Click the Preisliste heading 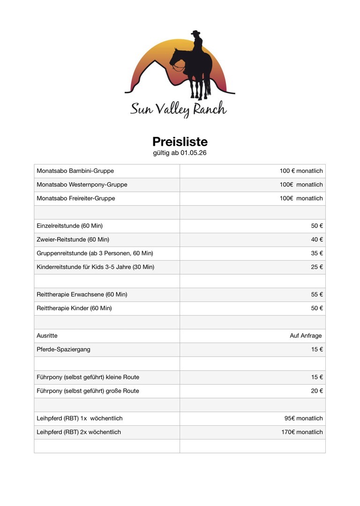[180, 141]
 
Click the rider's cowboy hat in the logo [195, 34]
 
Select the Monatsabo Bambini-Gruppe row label [75, 171]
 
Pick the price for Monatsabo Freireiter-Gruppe [301, 198]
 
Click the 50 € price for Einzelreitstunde [317, 226]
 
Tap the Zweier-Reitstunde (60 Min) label [73, 239]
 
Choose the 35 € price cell [317, 253]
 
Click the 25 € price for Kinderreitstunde [317, 267]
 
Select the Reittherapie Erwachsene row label [82, 295]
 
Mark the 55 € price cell [317, 295]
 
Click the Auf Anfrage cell [306, 336]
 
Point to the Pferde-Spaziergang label [63, 350]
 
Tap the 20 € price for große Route [317, 391]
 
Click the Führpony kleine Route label [88, 377]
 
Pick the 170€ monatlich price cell [302, 432]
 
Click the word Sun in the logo [142, 110]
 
